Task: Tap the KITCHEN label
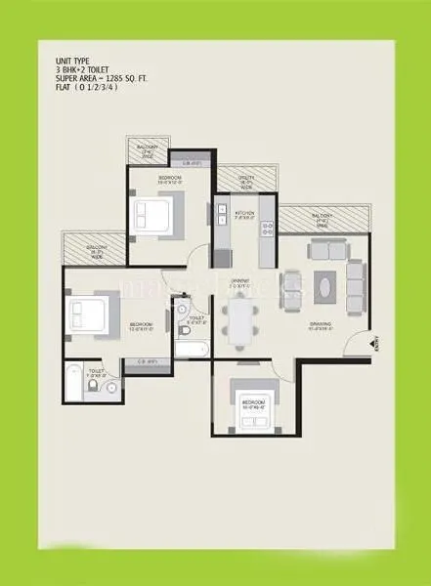click(244, 213)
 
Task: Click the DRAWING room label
click(322, 325)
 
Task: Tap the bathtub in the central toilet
click(190, 350)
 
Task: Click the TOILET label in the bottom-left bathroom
click(96, 371)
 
